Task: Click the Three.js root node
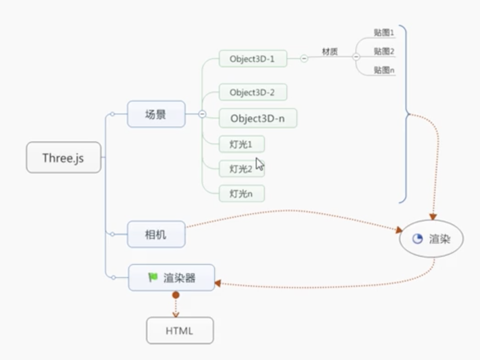(x=63, y=157)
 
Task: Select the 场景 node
(x=156, y=114)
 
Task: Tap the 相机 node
(x=156, y=234)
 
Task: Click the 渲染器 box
(x=171, y=277)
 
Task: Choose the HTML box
(x=180, y=330)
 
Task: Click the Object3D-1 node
(x=252, y=59)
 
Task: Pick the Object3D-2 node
(x=252, y=92)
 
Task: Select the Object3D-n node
(x=258, y=118)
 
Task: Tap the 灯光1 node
(x=241, y=144)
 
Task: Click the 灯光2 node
(x=241, y=169)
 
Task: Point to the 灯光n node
(x=241, y=193)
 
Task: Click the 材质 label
(x=330, y=52)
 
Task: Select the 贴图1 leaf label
(x=384, y=33)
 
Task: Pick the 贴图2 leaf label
(x=384, y=51)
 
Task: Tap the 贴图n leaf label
(x=384, y=70)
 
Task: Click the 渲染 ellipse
(x=431, y=239)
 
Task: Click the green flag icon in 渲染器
(x=153, y=277)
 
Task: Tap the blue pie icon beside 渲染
(x=417, y=239)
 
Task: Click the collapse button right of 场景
(x=202, y=114)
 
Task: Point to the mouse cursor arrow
(x=259, y=164)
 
